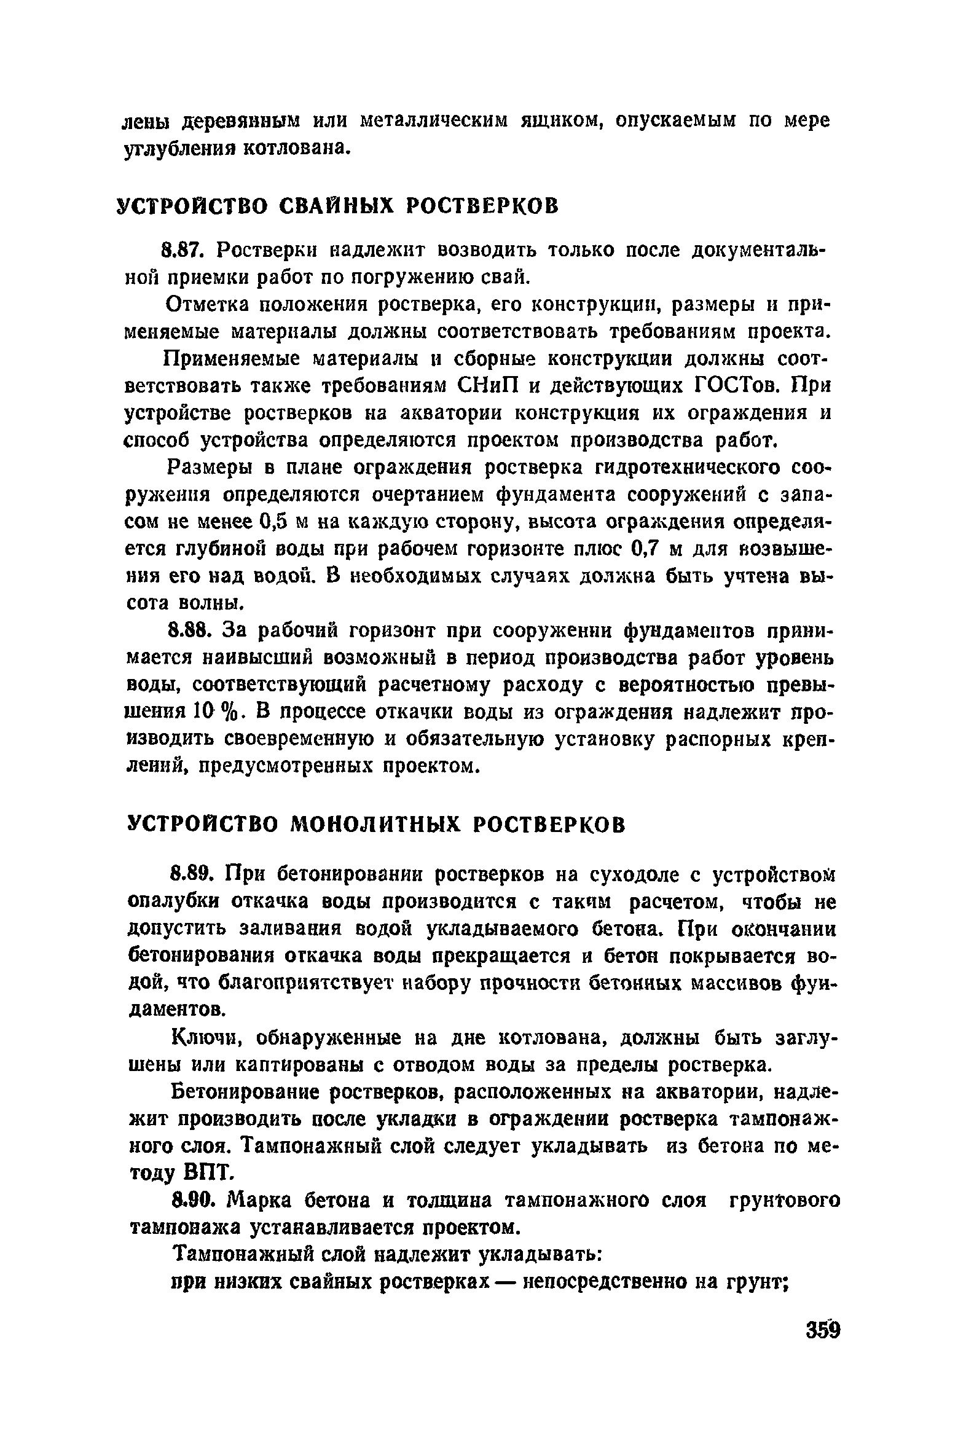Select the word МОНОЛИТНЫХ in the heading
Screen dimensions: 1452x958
375,824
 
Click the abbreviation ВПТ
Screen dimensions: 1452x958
208,1174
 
